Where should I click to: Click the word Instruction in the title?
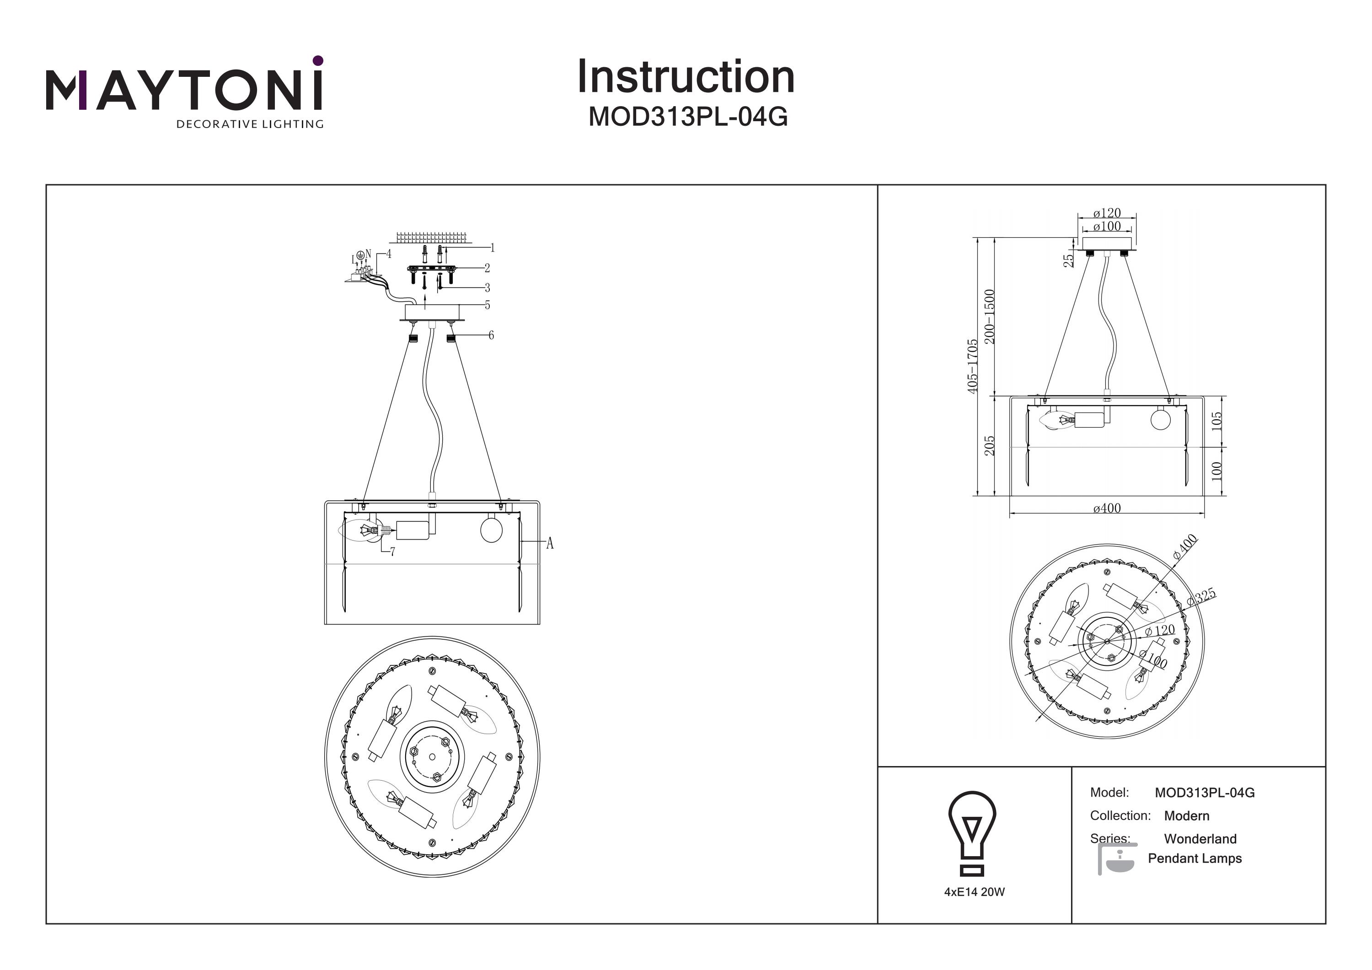(x=686, y=77)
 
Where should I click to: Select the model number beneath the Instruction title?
(x=688, y=117)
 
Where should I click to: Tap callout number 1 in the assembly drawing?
(x=493, y=247)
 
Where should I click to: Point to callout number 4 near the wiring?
(x=388, y=254)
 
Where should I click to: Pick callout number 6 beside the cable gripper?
(x=491, y=335)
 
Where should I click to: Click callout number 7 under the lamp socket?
(x=392, y=552)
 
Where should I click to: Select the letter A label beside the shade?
(x=550, y=543)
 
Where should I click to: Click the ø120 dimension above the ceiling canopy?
(x=1107, y=213)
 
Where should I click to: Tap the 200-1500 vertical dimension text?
(x=990, y=316)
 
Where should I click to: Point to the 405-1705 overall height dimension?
(x=973, y=366)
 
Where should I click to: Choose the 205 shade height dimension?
(x=990, y=445)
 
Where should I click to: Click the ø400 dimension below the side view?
(x=1107, y=508)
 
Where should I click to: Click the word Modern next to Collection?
(x=1186, y=816)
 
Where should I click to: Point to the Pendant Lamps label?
(x=1195, y=858)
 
